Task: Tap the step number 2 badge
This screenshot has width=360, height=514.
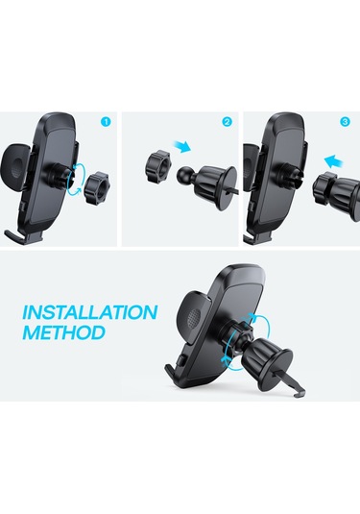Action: coord(227,122)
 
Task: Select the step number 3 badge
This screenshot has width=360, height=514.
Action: coord(344,121)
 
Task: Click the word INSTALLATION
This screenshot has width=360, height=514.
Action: coord(89,313)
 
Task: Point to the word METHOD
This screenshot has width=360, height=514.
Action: coord(63,334)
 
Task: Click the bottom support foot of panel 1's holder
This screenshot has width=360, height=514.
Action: coord(24,234)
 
